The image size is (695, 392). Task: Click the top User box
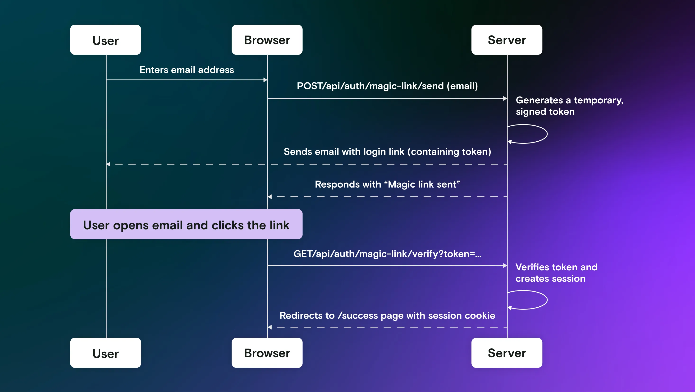click(105, 40)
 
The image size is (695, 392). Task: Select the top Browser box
click(267, 40)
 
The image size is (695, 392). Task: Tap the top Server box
click(507, 40)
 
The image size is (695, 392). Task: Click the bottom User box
click(105, 353)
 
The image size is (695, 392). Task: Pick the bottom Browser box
click(267, 353)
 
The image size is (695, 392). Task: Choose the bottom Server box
click(507, 353)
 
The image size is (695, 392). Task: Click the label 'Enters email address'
click(187, 70)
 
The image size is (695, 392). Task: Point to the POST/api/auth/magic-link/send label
click(387, 86)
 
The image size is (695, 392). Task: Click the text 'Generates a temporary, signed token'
click(569, 106)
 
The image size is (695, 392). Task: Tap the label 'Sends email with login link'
click(387, 152)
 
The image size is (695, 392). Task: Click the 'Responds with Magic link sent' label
click(387, 184)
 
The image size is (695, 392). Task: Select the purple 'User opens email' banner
click(186, 224)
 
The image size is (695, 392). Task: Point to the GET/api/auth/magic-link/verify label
click(387, 254)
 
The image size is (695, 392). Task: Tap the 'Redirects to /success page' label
click(387, 316)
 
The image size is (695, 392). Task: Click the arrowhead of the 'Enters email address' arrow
click(265, 80)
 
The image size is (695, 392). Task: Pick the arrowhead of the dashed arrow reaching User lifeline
click(108, 164)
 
